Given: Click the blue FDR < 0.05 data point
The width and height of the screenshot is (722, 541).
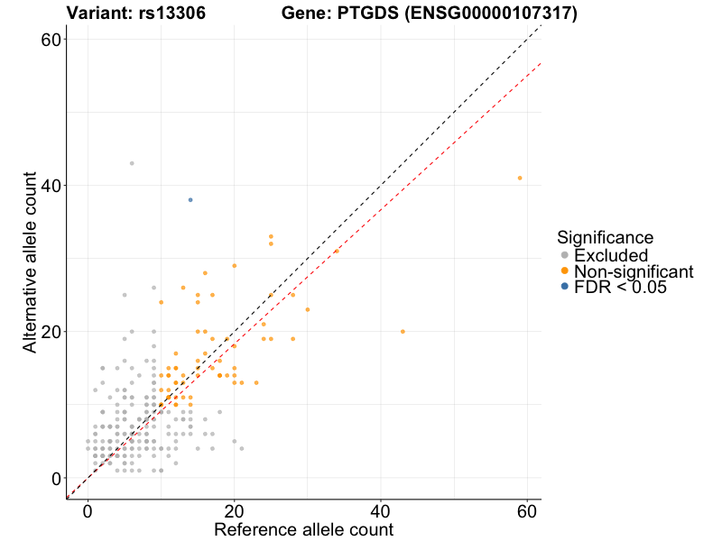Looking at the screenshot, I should pyautogui.click(x=190, y=199).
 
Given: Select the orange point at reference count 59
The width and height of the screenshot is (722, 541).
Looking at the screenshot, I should pyautogui.click(x=520, y=178).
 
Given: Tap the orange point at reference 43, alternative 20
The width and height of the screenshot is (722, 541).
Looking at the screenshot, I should pyautogui.click(x=403, y=331).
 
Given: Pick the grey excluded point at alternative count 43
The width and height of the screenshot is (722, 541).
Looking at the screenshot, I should pyautogui.click(x=132, y=163).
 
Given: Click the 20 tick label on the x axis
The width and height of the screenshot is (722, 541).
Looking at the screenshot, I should pyautogui.click(x=235, y=509).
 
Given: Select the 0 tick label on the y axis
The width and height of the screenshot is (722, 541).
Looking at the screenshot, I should pyautogui.click(x=56, y=478).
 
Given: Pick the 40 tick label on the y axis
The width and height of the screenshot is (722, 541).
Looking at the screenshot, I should pyautogui.click(x=50, y=185).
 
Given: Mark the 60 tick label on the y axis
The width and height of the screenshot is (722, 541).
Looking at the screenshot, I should pyautogui.click(x=50, y=39).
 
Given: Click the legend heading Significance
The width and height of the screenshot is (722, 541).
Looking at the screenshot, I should pyautogui.click(x=605, y=237).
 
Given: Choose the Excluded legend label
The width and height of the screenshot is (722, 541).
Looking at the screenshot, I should pyautogui.click(x=611, y=255).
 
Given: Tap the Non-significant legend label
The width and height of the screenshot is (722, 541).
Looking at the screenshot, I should pyautogui.click(x=634, y=271).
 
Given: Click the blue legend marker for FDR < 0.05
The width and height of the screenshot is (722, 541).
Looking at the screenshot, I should pyautogui.click(x=564, y=287).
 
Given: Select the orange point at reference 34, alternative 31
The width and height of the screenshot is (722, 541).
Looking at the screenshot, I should pyautogui.click(x=337, y=251).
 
